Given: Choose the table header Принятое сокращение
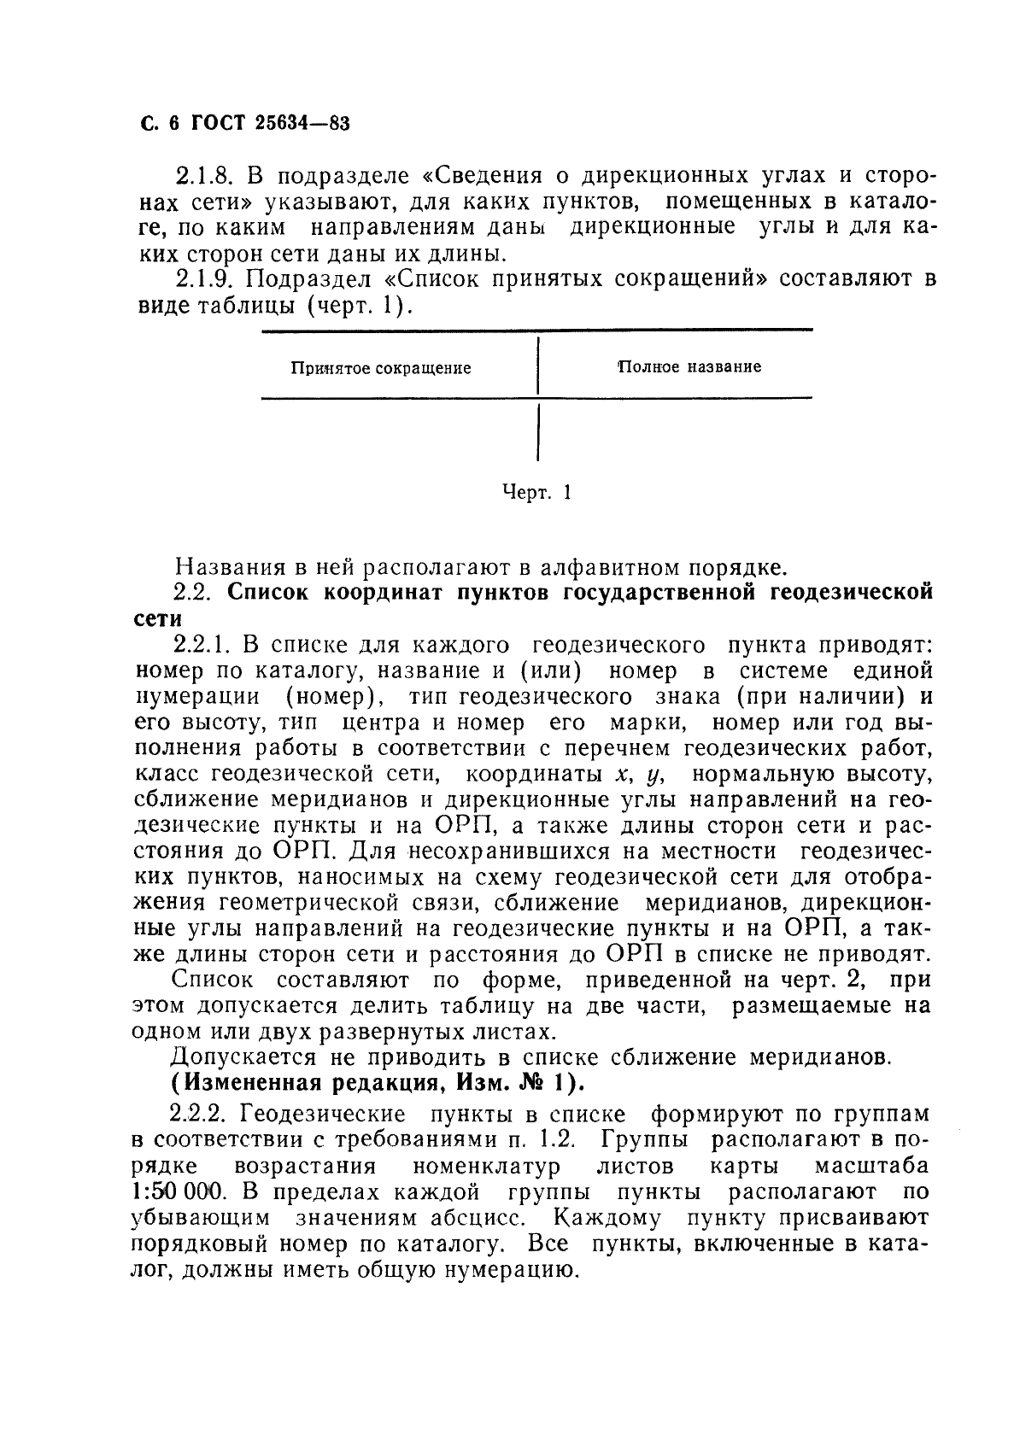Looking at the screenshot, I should coord(381,368).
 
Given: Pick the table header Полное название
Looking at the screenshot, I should coord(689,367).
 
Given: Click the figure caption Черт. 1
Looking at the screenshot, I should coord(536,493).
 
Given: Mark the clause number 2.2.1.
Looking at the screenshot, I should coord(203,645).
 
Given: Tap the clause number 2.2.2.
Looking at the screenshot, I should coord(203,1115).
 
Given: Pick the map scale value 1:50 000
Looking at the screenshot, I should coord(180,1192).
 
